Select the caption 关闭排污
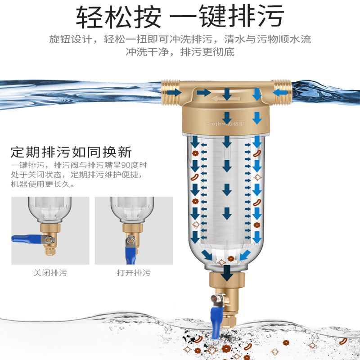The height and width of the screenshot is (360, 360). coord(50,273)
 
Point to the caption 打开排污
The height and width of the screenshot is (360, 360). coord(134,273)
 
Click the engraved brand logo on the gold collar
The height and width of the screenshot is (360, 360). coord(227,122)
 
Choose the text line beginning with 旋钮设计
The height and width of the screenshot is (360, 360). coord(180,39)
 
